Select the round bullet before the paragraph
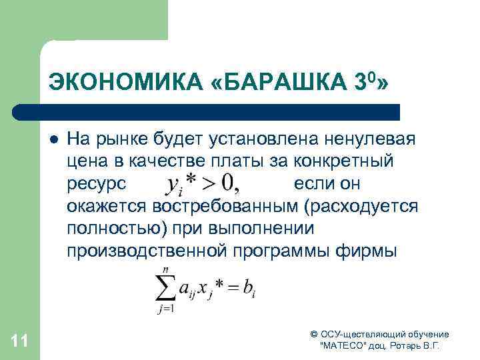coord(52,141)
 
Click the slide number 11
coord(20,341)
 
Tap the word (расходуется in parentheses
coord(361,205)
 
